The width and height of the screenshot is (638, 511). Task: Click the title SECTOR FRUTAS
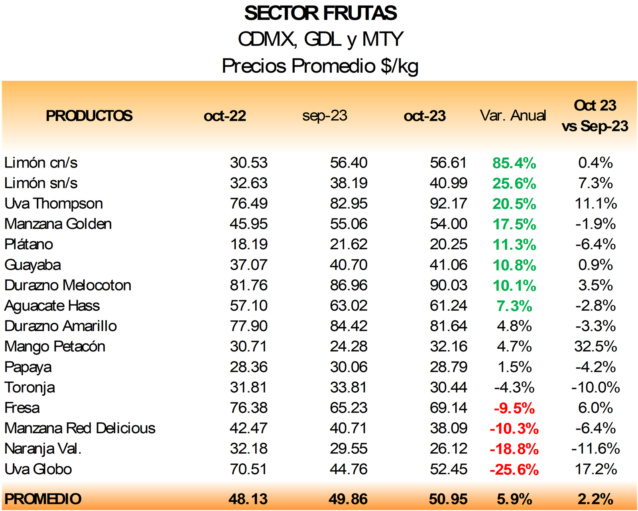coord(320,13)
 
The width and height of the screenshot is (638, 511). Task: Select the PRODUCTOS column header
coord(89,116)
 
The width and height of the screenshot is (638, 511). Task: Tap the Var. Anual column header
coord(513,115)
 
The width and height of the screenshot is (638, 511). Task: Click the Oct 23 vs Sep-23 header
coord(595,116)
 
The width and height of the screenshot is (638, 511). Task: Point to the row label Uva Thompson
coord(53,203)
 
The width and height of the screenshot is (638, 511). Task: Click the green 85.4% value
coord(514,163)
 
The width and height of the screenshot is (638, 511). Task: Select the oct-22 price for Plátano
coord(249,244)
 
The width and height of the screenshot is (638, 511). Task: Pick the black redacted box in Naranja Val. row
coord(325,450)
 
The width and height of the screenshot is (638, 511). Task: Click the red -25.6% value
coord(514,470)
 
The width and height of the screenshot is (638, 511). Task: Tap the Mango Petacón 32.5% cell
coord(595,346)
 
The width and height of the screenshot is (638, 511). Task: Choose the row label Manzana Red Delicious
coord(80,428)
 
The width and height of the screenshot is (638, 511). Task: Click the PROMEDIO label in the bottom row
coord(43,499)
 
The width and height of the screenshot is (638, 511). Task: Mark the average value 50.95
coord(448,499)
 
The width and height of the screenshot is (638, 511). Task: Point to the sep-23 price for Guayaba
coord(349,264)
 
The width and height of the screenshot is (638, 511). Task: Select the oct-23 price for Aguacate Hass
coord(448,306)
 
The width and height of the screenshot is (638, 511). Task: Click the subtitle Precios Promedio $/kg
coord(320,66)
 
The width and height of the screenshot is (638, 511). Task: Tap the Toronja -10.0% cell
coord(595,387)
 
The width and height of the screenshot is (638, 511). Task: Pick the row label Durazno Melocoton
coord(68,285)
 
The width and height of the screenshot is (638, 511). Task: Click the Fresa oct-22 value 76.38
coord(248,408)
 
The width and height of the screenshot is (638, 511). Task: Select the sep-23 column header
coord(325,116)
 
